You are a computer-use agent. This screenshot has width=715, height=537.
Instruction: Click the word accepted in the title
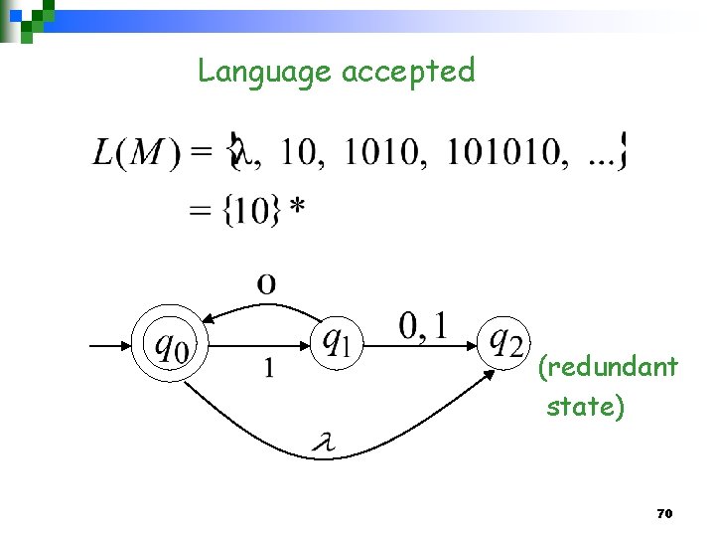(408, 72)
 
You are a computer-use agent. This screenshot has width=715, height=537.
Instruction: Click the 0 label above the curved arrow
(266, 284)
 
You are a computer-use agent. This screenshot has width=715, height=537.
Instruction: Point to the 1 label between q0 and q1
(267, 369)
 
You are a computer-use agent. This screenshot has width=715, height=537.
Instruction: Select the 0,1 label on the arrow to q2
(423, 325)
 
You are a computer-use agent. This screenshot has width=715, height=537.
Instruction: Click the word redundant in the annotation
(609, 368)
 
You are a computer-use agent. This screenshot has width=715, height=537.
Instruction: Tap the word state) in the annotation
(586, 407)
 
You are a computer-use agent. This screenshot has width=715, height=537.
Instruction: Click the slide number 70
(665, 514)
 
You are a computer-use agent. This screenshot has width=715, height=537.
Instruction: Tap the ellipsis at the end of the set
(601, 157)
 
